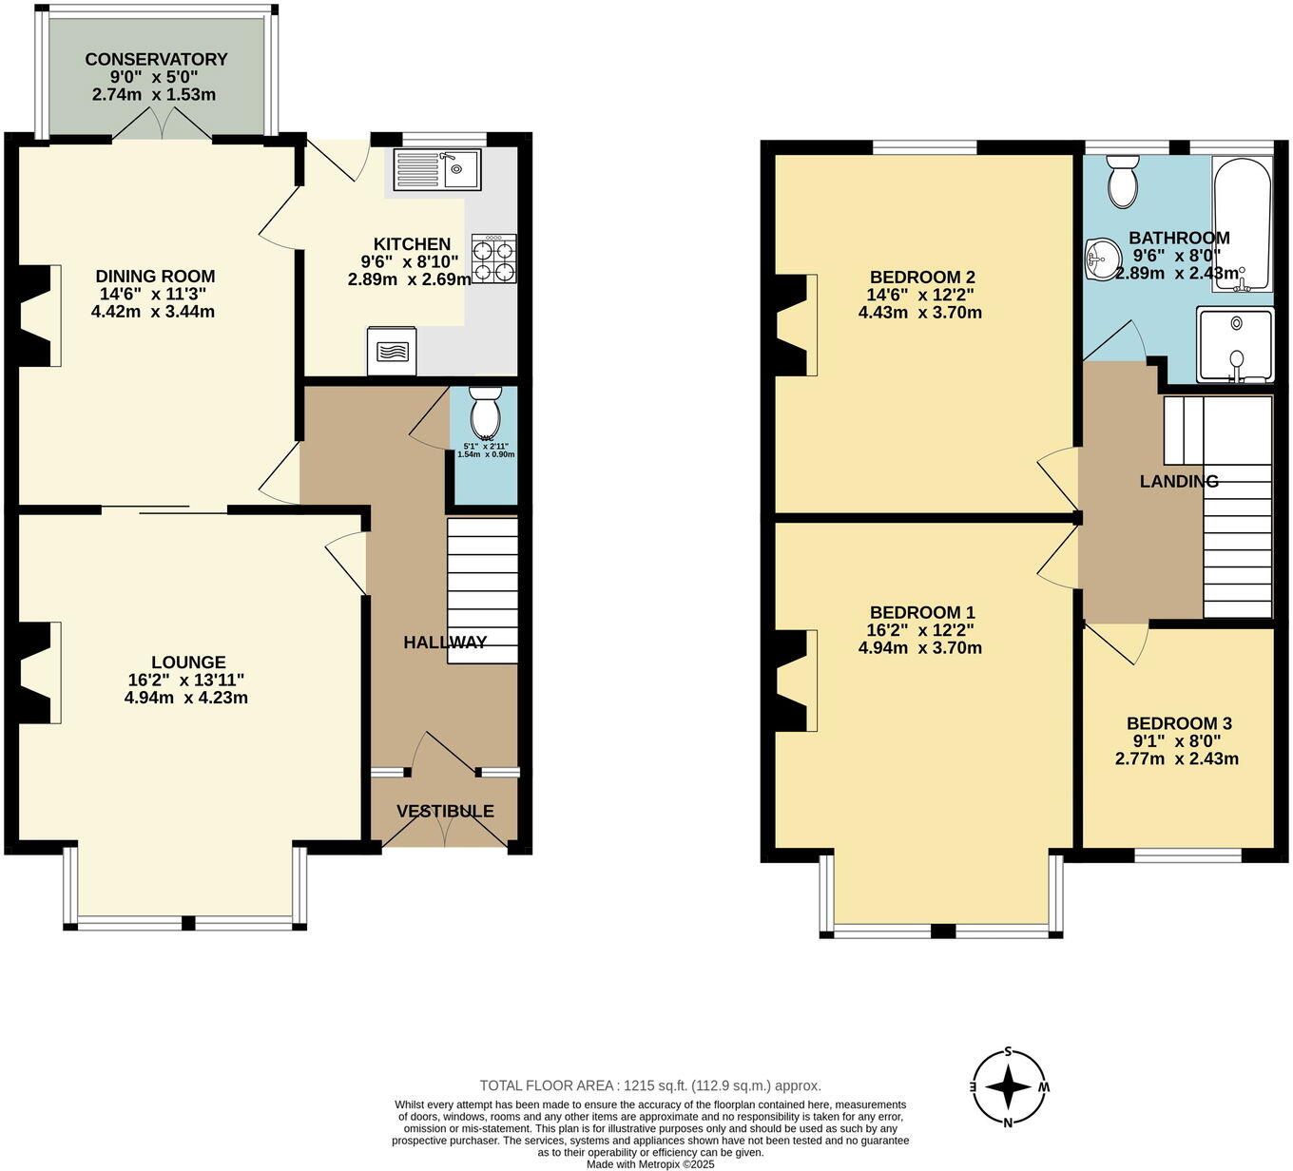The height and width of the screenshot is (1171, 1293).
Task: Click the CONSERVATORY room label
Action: [x=156, y=59]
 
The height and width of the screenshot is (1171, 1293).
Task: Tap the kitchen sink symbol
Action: [x=437, y=169]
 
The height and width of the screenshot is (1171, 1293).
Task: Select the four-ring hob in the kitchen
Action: [x=493, y=259]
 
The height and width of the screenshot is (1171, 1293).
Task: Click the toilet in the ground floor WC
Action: [x=485, y=414]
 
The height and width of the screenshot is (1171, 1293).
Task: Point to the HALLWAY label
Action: [x=445, y=643]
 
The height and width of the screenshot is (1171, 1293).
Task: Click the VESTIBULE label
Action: [x=445, y=811]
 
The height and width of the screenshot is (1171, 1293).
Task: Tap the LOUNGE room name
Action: [x=188, y=662]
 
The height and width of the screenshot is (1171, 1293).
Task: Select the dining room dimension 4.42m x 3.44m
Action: [x=153, y=312]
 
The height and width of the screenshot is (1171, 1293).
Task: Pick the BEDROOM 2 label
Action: [x=921, y=278]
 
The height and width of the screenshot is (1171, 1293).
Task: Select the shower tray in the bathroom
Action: [x=1234, y=344]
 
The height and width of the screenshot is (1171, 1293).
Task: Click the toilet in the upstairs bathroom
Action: [x=1122, y=181]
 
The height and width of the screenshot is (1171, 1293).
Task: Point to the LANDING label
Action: [x=1179, y=482]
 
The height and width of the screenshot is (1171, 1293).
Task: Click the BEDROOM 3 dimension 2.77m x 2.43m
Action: [x=1177, y=758]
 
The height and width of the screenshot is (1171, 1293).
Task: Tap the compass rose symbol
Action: [x=1008, y=1086]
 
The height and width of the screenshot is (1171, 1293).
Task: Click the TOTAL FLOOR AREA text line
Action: [x=650, y=1085]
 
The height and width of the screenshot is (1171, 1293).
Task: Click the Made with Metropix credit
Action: [x=650, y=1163]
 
